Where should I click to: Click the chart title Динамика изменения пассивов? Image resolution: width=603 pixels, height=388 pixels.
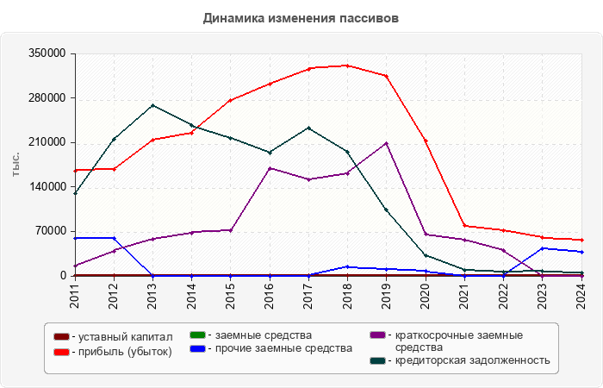[301, 18]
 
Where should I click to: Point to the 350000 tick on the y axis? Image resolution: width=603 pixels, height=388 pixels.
[49, 53]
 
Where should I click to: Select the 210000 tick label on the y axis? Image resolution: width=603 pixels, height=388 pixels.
[49, 142]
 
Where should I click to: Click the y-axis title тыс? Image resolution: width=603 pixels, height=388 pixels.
[16, 164]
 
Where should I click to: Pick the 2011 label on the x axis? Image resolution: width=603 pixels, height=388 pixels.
[75, 295]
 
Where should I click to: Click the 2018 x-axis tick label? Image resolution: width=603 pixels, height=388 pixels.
[347, 295]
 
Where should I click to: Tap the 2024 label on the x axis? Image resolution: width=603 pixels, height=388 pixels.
[581, 295]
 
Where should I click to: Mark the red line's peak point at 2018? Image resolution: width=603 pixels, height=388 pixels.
[347, 66]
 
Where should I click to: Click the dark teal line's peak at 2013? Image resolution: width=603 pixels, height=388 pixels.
[152, 105]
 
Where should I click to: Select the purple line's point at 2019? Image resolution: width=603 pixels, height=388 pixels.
[386, 143]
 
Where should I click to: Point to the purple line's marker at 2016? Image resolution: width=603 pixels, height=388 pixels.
[270, 168]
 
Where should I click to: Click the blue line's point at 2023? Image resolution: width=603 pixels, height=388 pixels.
[542, 248]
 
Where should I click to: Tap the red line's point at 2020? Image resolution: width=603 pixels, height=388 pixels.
[426, 141]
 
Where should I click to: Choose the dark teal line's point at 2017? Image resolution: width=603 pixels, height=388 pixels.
[308, 128]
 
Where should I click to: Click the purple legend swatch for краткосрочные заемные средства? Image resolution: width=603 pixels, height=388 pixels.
[377, 335]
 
